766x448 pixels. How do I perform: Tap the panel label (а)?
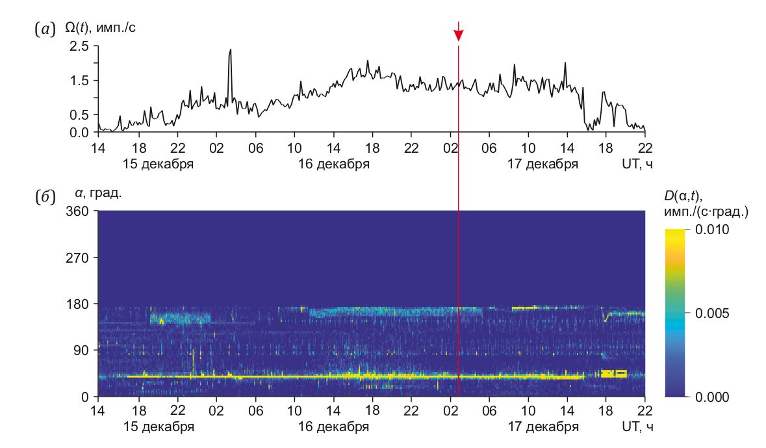pos(45,29)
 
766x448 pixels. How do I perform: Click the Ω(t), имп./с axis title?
pos(100,28)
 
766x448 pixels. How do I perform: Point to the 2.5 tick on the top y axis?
pos(81,46)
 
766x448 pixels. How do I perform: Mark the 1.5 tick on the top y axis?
pos(81,81)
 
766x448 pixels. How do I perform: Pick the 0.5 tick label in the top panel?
pos(81,114)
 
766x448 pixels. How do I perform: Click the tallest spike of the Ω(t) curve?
pos(230,50)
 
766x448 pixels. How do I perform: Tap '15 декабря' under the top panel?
pos(158,164)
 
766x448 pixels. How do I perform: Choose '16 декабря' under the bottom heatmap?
pos(333,427)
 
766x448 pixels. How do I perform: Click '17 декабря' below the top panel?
pos(543,164)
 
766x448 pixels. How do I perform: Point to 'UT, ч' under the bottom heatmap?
pos(637,427)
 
